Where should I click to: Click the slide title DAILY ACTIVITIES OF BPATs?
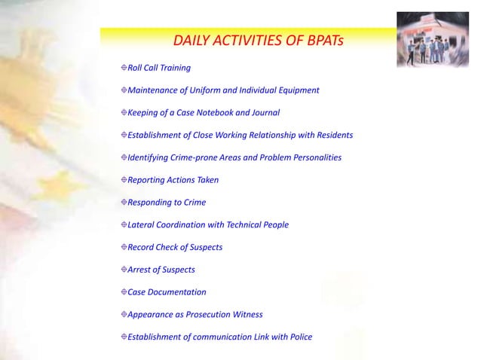coord(258,39)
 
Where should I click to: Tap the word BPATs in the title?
coord(322,39)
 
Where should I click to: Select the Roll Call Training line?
coord(159,68)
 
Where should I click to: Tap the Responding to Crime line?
coord(167,203)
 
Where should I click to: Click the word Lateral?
coord(143,225)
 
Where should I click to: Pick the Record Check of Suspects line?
coord(175,247)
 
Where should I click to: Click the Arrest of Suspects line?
coord(161,270)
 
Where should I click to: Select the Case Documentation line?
coord(167,292)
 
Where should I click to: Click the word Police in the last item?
coord(300,337)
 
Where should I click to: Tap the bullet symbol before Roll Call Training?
coord(123,68)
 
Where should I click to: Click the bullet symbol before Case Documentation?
coord(123,292)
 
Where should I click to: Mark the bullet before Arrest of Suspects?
coord(123,270)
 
